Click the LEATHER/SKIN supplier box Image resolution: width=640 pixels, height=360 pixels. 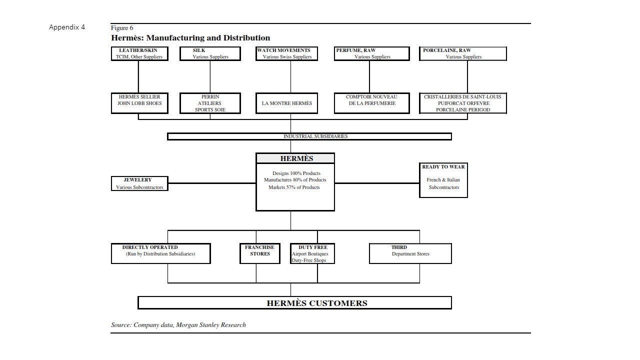[139, 53]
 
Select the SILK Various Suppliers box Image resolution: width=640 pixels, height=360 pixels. [210, 53]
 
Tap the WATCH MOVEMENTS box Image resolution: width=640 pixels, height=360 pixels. [286, 53]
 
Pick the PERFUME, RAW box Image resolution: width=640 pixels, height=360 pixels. [371, 53]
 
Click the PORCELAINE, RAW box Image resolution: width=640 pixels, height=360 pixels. [463, 53]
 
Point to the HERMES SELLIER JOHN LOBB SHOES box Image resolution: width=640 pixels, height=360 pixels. [139, 103]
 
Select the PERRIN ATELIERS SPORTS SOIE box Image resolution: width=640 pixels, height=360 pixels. [210, 103]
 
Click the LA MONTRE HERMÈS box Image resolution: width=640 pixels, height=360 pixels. [286, 103]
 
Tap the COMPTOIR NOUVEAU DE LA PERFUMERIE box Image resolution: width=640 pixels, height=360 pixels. [371, 103]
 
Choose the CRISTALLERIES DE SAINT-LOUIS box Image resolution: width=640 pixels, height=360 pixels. [463, 103]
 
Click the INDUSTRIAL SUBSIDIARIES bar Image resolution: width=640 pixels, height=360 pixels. [309, 136]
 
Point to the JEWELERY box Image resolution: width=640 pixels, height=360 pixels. [139, 183]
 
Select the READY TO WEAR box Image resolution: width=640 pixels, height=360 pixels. [443, 180]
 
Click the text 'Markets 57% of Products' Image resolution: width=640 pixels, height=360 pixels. [294, 187]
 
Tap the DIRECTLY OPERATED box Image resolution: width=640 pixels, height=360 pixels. [161, 253]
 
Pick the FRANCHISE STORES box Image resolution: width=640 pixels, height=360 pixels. [259, 253]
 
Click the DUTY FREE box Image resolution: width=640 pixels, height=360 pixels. [312, 253]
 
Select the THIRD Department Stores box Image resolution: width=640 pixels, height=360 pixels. [410, 253]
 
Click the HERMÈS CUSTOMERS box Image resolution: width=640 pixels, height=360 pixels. [294, 302]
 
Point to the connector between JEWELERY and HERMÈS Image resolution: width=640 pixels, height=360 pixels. [212, 183]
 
